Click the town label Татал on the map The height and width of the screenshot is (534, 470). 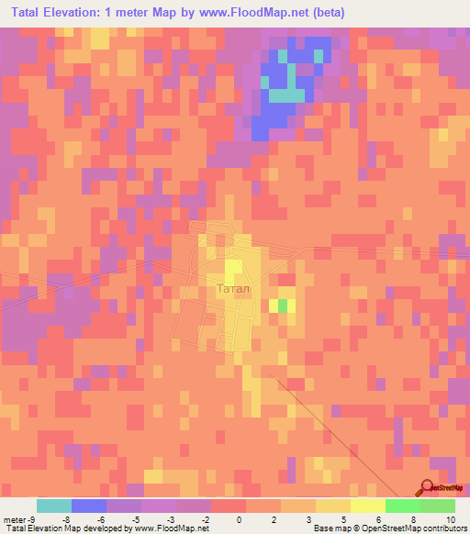click(x=232, y=288)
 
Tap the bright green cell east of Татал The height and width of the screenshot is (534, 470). click(x=283, y=305)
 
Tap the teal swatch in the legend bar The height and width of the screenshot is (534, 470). click(x=54, y=506)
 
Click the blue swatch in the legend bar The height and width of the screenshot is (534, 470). click(x=89, y=506)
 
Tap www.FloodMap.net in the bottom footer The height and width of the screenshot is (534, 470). click(x=174, y=528)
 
